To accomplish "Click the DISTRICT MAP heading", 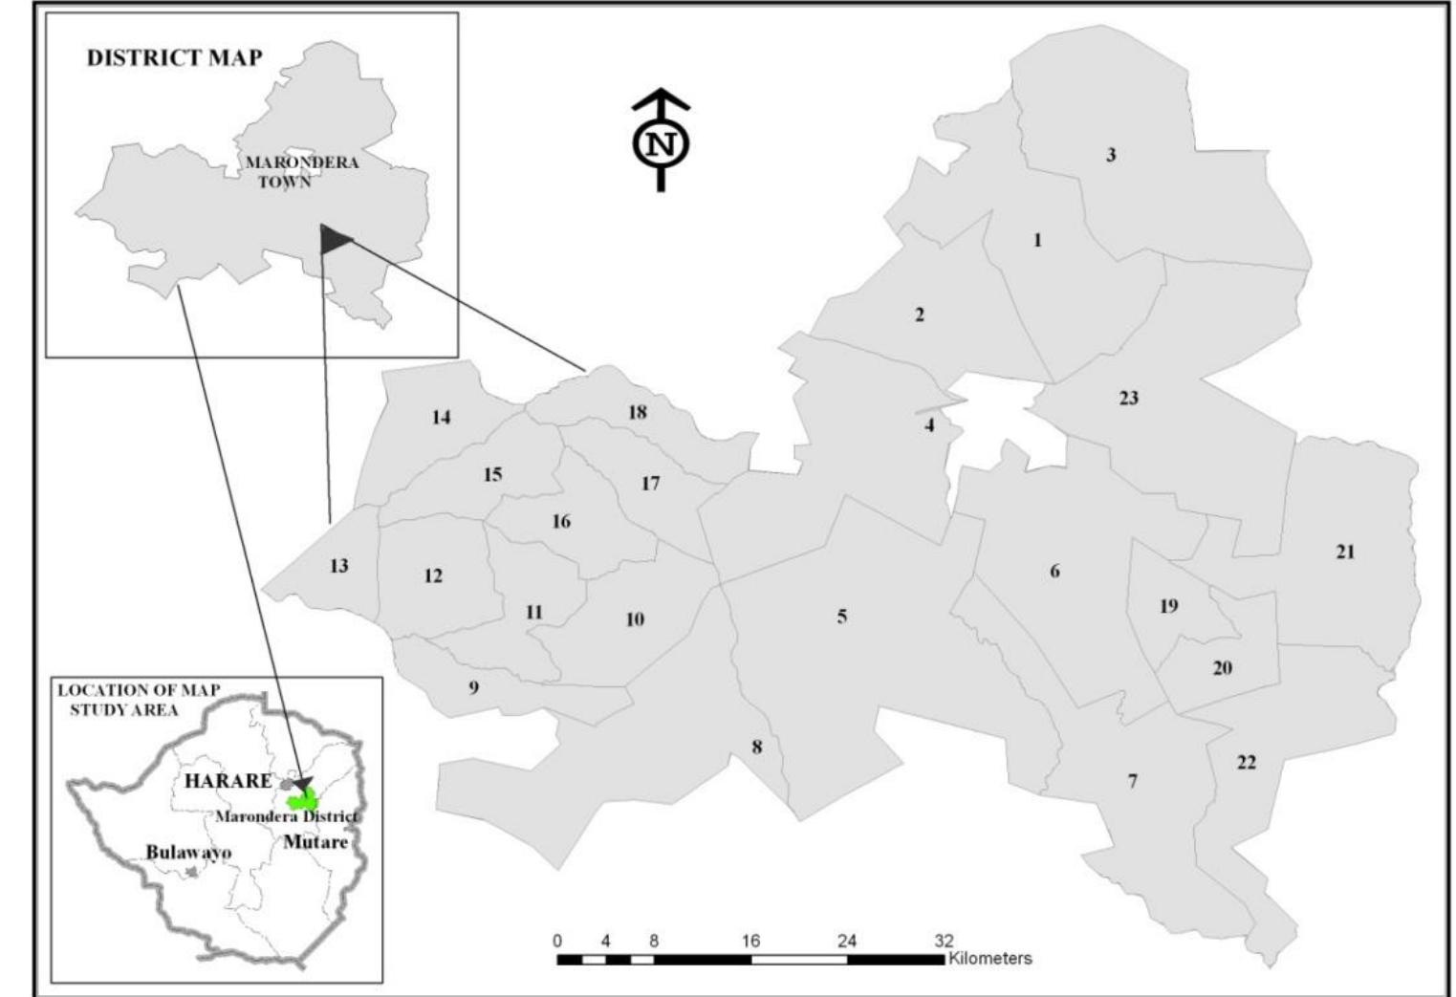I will pos(174,57).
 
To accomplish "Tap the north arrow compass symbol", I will pos(661,143).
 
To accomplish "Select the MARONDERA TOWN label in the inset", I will pos(301,171).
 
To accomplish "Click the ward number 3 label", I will pos(1111,155).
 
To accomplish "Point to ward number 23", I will pos(1129,398).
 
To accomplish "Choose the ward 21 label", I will pos(1345,552).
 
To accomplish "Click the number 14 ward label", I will pos(441,417).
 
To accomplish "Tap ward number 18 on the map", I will pos(638,412).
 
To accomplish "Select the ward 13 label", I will pos(339,566).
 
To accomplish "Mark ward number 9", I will pos(473,687).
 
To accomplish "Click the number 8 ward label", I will pos(757,747).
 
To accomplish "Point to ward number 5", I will pos(842,617).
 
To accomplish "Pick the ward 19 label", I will pos(1168,606).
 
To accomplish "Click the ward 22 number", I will pos(1247,762).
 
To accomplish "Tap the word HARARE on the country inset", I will pos(228,781).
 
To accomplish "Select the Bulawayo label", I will pos(188,852).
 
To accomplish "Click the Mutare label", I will pos(315,842).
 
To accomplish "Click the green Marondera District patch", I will pos(304,801).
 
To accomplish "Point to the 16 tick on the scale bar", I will pos(750,942).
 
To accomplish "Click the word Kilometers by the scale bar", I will pos(990,958).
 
